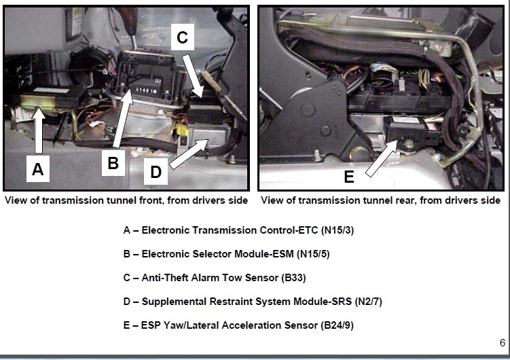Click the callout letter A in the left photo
pyautogui.click(x=38, y=168)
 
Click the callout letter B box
pyautogui.click(x=113, y=163)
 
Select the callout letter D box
pyautogui.click(x=156, y=172)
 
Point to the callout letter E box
pyautogui.click(x=349, y=177)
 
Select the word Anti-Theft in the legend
pyautogui.click(x=166, y=277)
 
